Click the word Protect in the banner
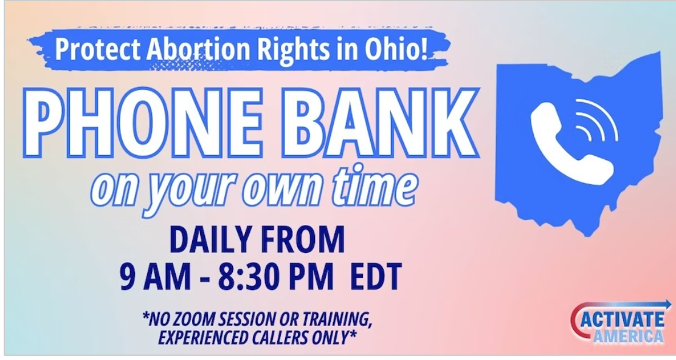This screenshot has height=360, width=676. (x=98, y=50)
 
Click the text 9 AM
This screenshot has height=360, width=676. (x=155, y=276)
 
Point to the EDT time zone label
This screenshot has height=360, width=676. (x=376, y=276)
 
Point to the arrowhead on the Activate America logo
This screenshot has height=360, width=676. (x=667, y=305)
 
